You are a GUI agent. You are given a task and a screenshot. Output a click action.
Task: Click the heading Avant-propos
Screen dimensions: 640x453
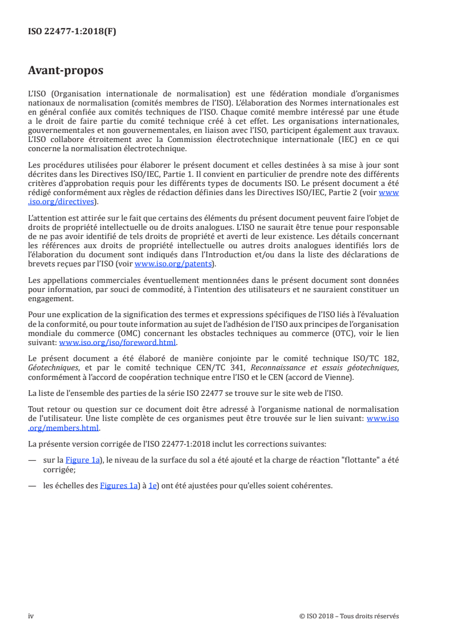pyautogui.click(x=66, y=71)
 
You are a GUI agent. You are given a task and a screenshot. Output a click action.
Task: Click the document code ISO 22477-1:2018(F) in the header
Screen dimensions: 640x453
pyautogui.click(x=72, y=32)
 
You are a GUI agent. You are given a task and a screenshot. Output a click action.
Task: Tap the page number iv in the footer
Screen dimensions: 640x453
pyautogui.click(x=31, y=616)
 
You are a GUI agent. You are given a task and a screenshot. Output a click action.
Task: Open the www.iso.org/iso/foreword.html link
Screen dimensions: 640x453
pyautogui.click(x=118, y=343)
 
